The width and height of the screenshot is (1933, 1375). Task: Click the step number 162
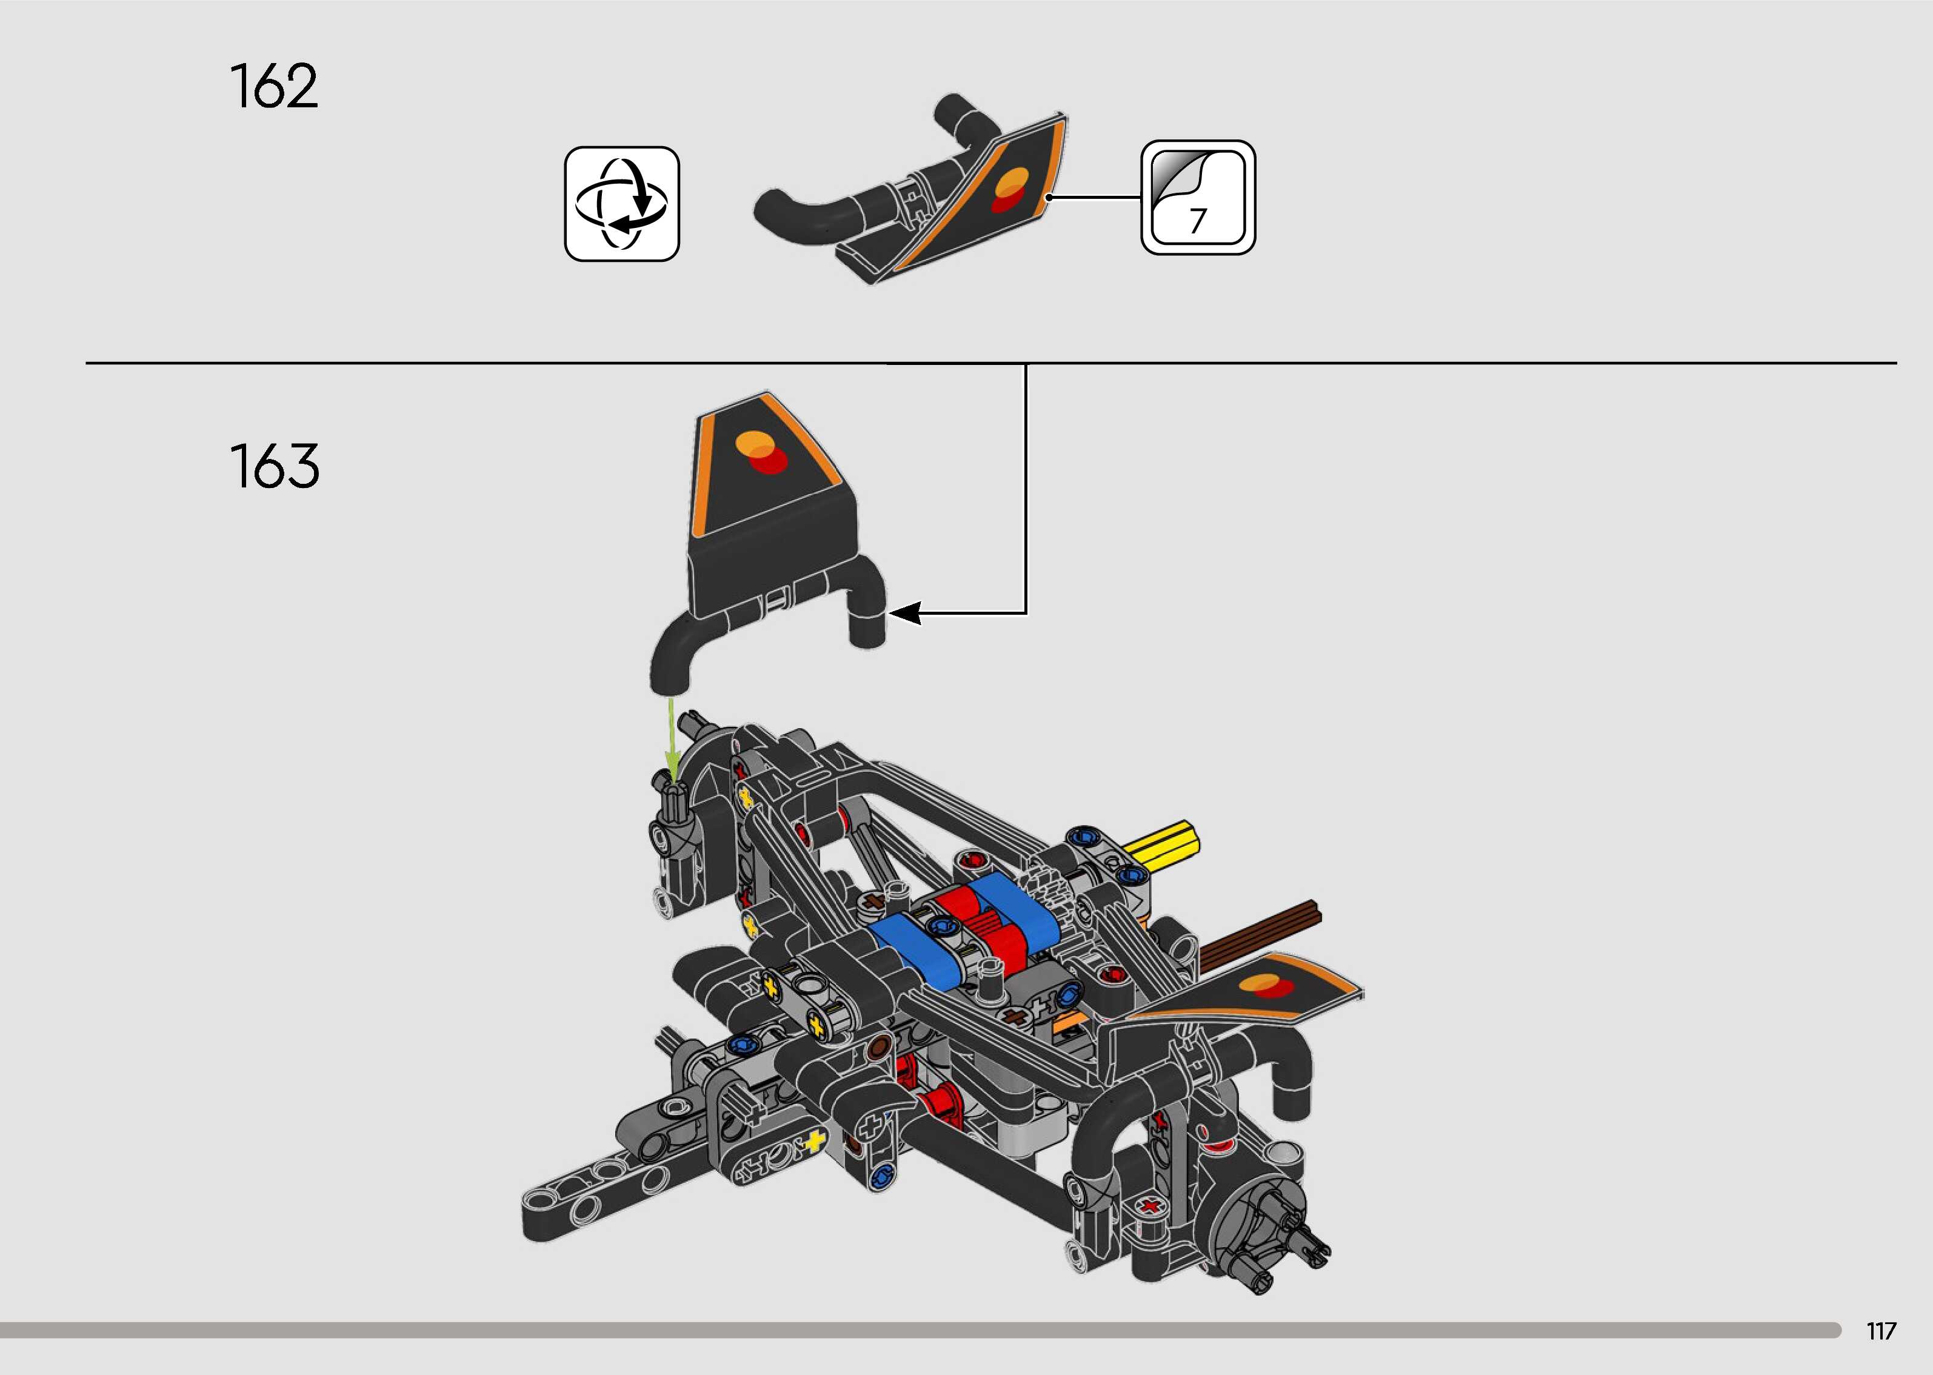(x=273, y=86)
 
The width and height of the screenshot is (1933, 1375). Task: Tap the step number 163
(x=274, y=467)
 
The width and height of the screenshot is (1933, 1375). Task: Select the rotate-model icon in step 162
(x=622, y=204)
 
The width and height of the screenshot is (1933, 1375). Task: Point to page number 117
(x=1880, y=1331)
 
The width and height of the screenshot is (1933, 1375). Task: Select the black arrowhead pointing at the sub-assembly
(x=904, y=613)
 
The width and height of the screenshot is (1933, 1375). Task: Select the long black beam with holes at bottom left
(x=592, y=1185)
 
